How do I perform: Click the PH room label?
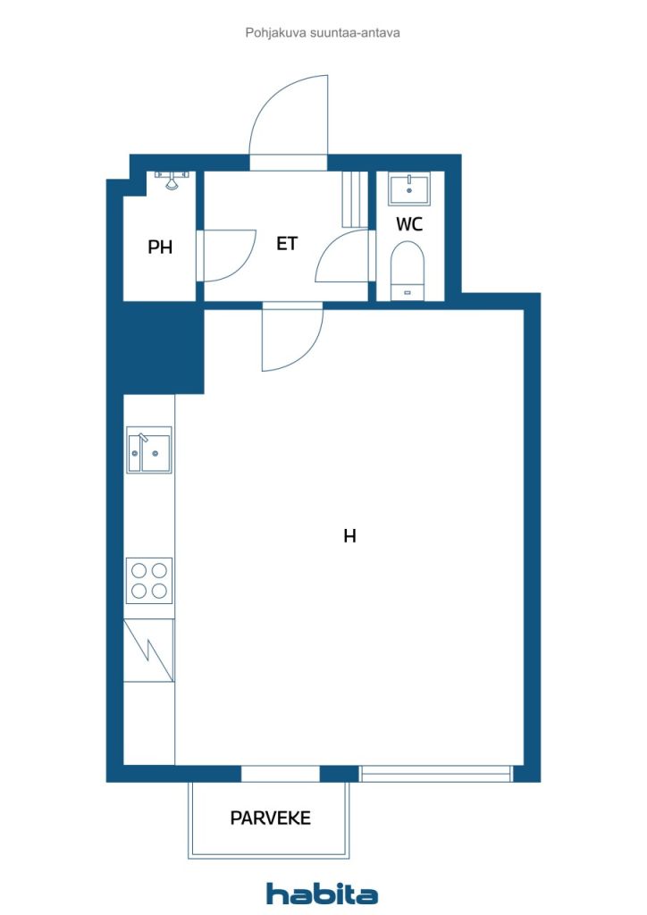(x=160, y=247)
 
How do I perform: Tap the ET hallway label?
(x=287, y=243)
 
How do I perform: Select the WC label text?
(x=409, y=224)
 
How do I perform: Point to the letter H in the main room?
(x=349, y=536)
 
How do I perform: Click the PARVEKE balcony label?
(x=270, y=818)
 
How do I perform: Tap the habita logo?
(x=322, y=894)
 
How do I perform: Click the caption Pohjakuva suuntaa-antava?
(x=323, y=33)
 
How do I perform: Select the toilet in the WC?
(x=408, y=270)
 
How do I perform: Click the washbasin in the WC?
(x=409, y=189)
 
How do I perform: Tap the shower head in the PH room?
(x=172, y=180)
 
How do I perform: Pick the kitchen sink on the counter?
(x=148, y=450)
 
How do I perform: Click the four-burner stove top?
(x=149, y=581)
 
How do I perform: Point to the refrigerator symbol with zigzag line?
(x=148, y=651)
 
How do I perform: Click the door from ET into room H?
(x=292, y=337)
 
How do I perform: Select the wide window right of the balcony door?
(x=435, y=774)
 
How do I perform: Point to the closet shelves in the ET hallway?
(x=355, y=199)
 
